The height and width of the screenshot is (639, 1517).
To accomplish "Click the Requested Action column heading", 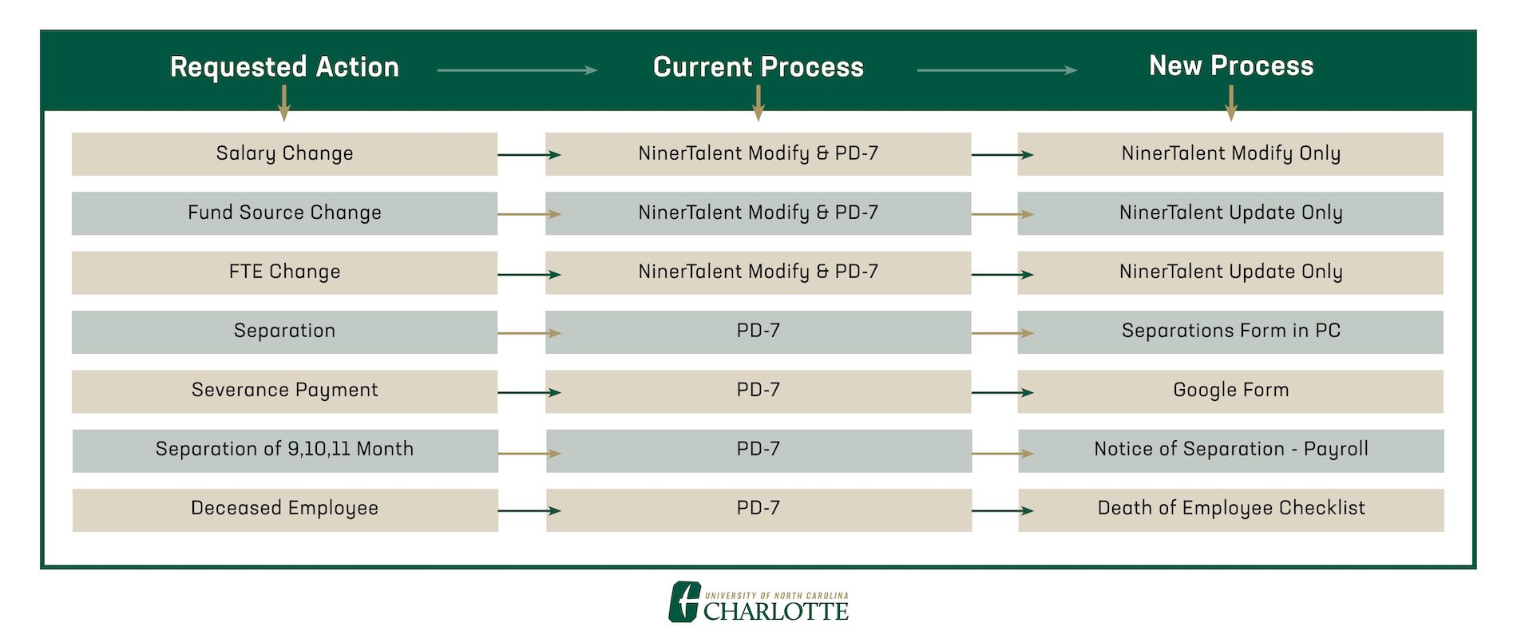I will point(284,67).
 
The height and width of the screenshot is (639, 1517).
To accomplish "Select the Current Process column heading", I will point(758,67).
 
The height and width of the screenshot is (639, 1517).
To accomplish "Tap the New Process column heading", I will point(1230,65).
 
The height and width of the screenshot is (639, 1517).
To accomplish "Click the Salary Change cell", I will point(284,153).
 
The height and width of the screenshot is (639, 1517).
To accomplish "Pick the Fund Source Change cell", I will point(284,212).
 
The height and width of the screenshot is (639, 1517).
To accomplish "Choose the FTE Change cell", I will point(284,272).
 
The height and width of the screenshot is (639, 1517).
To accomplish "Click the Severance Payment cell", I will point(284,391).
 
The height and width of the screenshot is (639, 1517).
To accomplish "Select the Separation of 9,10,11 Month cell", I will point(284,450).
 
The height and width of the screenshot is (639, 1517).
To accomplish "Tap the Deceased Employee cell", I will point(284,509).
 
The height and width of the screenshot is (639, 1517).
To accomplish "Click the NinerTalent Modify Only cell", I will point(1230,153).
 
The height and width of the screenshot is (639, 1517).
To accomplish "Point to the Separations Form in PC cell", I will point(1230,331).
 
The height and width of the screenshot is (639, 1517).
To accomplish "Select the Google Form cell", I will point(1230,391).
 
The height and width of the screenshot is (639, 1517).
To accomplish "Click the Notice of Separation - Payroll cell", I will point(1230,450).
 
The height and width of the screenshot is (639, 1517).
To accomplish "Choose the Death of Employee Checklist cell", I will point(1230,509).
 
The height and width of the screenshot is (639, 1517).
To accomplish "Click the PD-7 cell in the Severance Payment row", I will point(758,391).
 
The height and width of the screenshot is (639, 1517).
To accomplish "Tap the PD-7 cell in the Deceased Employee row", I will point(758,509).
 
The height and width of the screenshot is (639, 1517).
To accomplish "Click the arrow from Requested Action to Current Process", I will point(517,70).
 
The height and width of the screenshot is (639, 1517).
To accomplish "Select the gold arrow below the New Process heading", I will point(1230,103).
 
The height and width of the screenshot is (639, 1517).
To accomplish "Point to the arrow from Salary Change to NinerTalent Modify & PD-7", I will point(529,154).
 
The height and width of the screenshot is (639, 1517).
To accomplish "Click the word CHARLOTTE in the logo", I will point(775,612).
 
